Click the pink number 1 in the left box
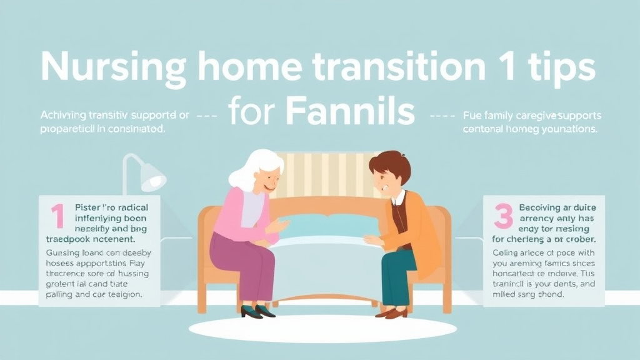click(57, 216)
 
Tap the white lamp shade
click(152, 179)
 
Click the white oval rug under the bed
click(319, 327)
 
